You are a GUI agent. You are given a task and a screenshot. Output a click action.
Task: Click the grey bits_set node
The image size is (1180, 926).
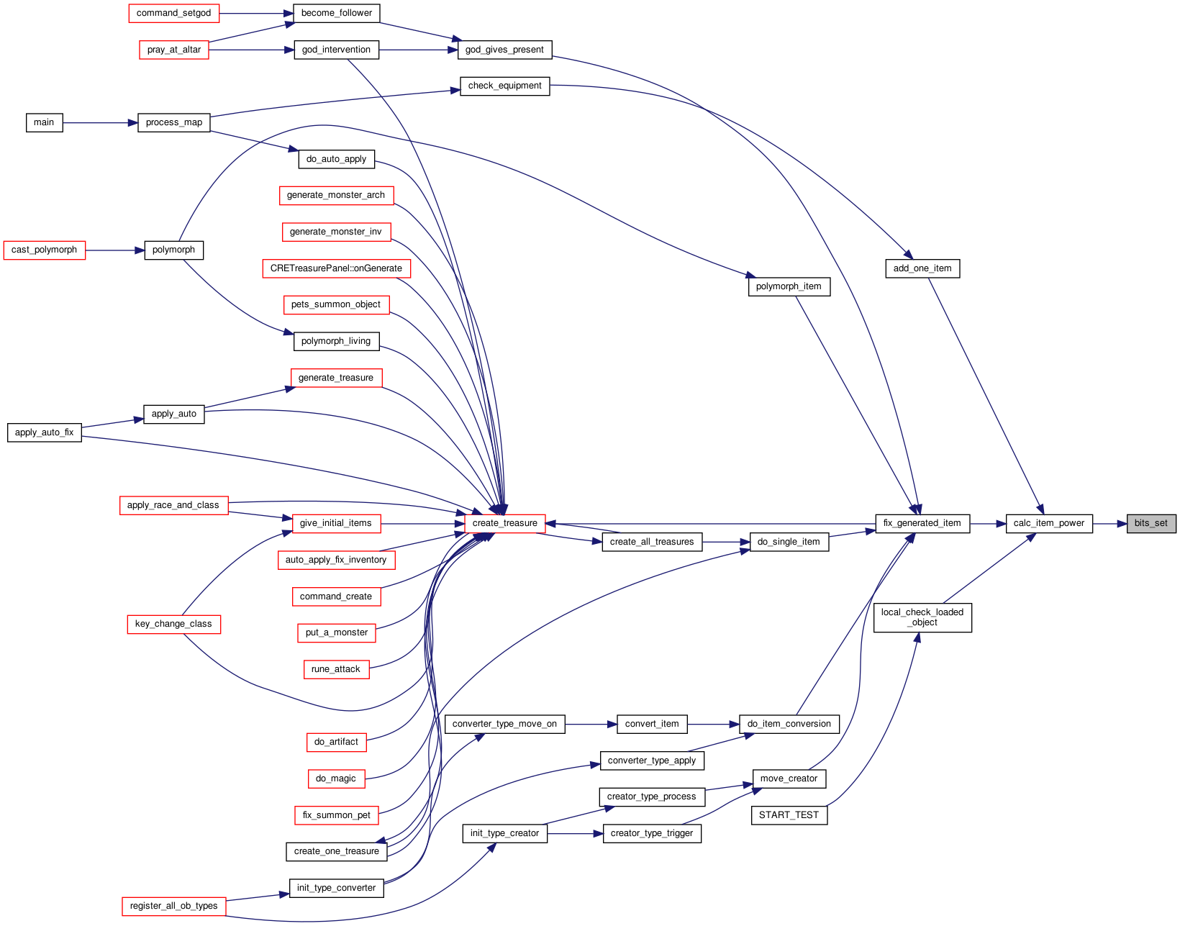point(1151,524)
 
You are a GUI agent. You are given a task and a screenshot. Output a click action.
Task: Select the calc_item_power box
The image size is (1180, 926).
point(1048,524)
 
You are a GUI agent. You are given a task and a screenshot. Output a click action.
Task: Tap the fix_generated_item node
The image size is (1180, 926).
point(922,524)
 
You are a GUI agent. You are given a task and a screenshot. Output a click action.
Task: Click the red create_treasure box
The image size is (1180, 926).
point(504,524)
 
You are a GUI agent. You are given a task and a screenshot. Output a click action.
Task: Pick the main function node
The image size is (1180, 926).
point(44,123)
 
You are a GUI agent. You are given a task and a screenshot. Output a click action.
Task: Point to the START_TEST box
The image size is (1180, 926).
point(789,815)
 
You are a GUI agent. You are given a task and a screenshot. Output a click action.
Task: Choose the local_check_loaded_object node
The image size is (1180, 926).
point(922,617)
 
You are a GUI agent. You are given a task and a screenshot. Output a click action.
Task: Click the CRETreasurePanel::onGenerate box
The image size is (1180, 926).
point(336,268)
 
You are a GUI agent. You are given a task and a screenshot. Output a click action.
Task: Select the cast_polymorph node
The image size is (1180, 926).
point(44,250)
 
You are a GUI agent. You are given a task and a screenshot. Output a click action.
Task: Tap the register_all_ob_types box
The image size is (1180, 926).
point(173,906)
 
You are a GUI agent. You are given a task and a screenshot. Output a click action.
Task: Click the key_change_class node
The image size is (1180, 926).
point(173,624)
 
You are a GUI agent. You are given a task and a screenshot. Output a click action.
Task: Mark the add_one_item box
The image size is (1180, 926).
point(922,269)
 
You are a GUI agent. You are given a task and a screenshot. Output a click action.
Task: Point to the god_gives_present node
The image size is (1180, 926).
point(504,50)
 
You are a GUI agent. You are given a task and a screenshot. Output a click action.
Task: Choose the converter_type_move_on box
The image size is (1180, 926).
point(504,724)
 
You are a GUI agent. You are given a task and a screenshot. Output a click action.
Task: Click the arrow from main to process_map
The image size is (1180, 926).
point(100,123)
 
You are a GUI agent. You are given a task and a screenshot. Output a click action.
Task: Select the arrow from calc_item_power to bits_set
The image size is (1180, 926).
point(1109,524)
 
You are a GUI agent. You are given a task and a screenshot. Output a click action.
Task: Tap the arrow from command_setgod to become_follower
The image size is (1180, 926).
point(256,14)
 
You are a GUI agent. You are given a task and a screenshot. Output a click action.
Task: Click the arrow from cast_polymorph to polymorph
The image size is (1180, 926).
point(115,250)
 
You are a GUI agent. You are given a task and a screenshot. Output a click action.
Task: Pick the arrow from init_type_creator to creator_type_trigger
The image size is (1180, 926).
point(575,834)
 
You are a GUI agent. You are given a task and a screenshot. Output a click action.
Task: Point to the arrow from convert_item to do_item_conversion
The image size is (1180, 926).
point(713,724)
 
